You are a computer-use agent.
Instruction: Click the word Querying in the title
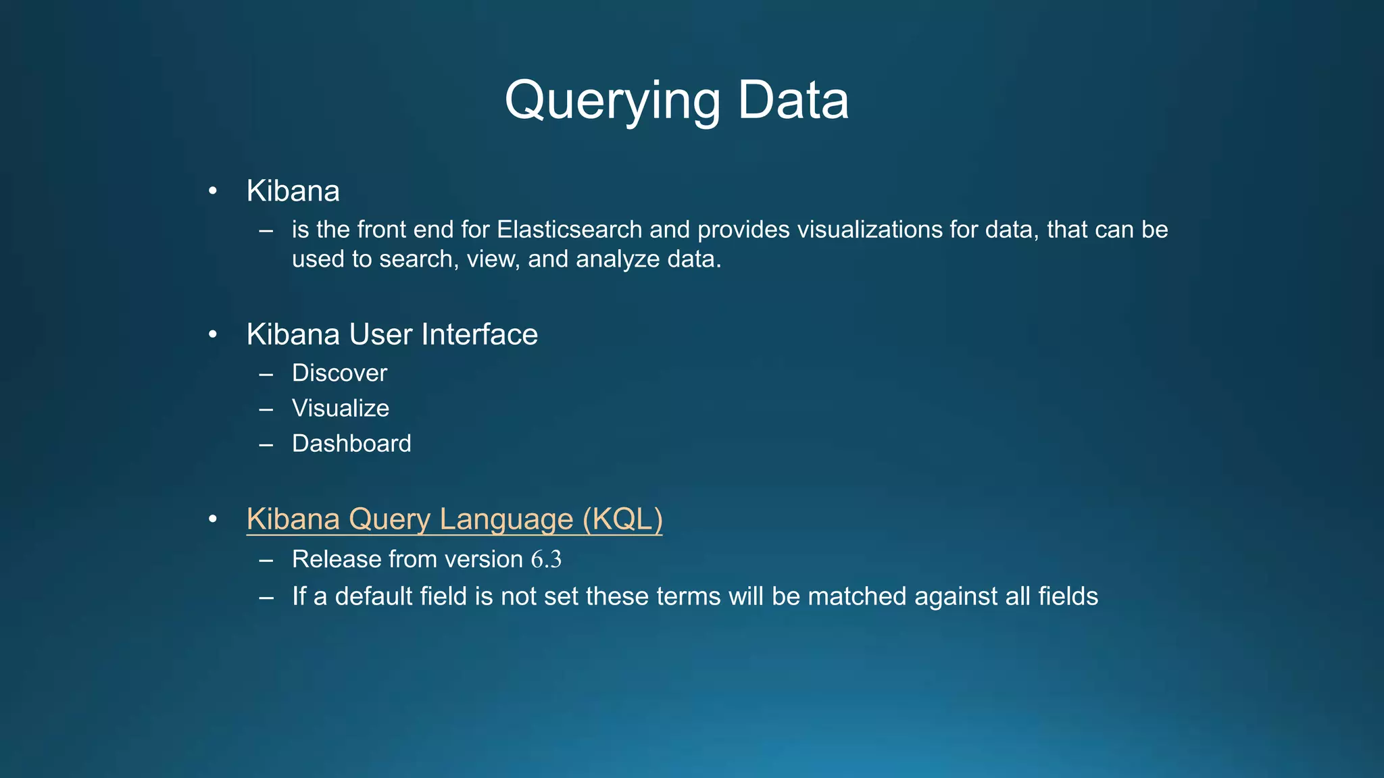click(x=612, y=101)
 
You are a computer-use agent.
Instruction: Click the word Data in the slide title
click(x=793, y=101)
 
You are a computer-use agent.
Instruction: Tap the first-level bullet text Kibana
click(x=293, y=191)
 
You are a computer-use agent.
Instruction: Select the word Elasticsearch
click(x=569, y=230)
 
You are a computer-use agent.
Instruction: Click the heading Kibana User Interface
click(x=392, y=334)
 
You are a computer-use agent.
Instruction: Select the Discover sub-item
click(x=339, y=373)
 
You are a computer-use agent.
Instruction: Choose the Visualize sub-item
click(x=340, y=408)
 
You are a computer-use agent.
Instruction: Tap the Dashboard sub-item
click(x=351, y=444)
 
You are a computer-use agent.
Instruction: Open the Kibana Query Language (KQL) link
click(x=454, y=519)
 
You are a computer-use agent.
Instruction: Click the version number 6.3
click(x=546, y=560)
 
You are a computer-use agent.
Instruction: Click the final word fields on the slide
click(x=1068, y=596)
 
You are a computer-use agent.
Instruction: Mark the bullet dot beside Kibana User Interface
click(x=213, y=335)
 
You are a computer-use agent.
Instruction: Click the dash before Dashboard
click(x=266, y=444)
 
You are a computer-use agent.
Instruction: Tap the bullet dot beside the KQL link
click(x=213, y=519)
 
